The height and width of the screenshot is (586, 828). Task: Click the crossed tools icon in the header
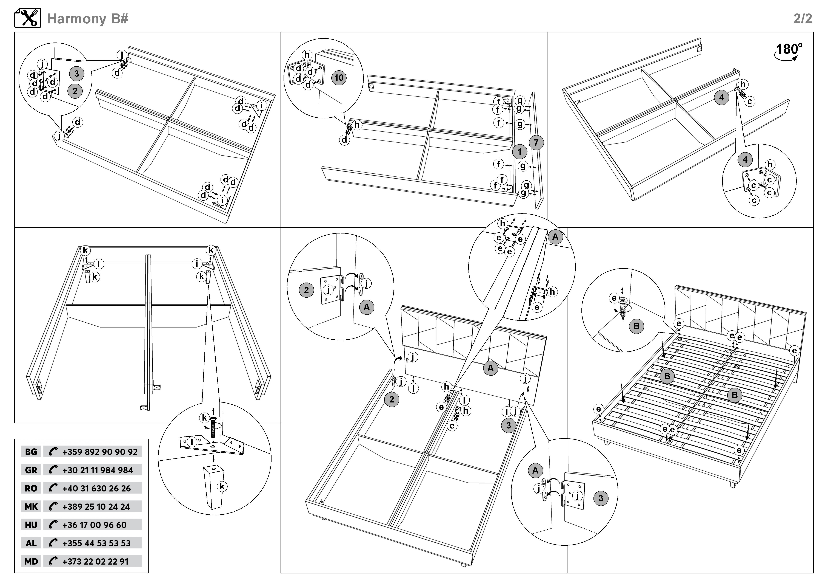[28, 18]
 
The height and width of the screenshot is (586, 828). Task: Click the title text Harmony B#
[88, 19]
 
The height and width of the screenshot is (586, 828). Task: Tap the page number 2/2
[802, 19]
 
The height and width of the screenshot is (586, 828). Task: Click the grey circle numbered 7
[536, 143]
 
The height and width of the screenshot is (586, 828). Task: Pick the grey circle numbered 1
[519, 152]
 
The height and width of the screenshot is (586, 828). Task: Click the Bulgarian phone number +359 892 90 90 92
[99, 452]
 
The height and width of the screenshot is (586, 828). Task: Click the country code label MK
[31, 507]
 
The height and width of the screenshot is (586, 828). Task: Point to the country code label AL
[31, 543]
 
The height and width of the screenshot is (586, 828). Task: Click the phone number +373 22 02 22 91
[95, 561]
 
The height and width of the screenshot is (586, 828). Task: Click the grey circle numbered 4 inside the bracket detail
[745, 159]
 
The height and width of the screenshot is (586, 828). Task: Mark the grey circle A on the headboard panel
[490, 368]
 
